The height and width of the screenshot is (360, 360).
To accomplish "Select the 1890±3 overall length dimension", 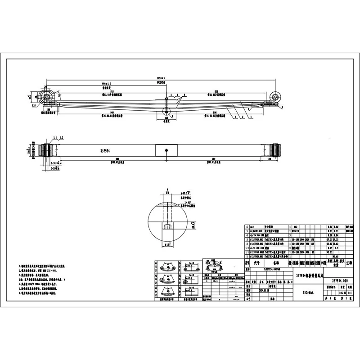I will [x=161, y=78].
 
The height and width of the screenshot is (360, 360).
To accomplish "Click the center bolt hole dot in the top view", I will [x=166, y=150].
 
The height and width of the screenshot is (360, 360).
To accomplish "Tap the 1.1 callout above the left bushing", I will [x=55, y=136].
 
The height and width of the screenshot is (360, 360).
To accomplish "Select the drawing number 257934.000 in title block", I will [x=339, y=280].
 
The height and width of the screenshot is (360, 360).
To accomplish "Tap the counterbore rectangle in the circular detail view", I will [x=167, y=227].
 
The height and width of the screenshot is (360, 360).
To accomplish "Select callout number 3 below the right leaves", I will [x=234, y=117].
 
